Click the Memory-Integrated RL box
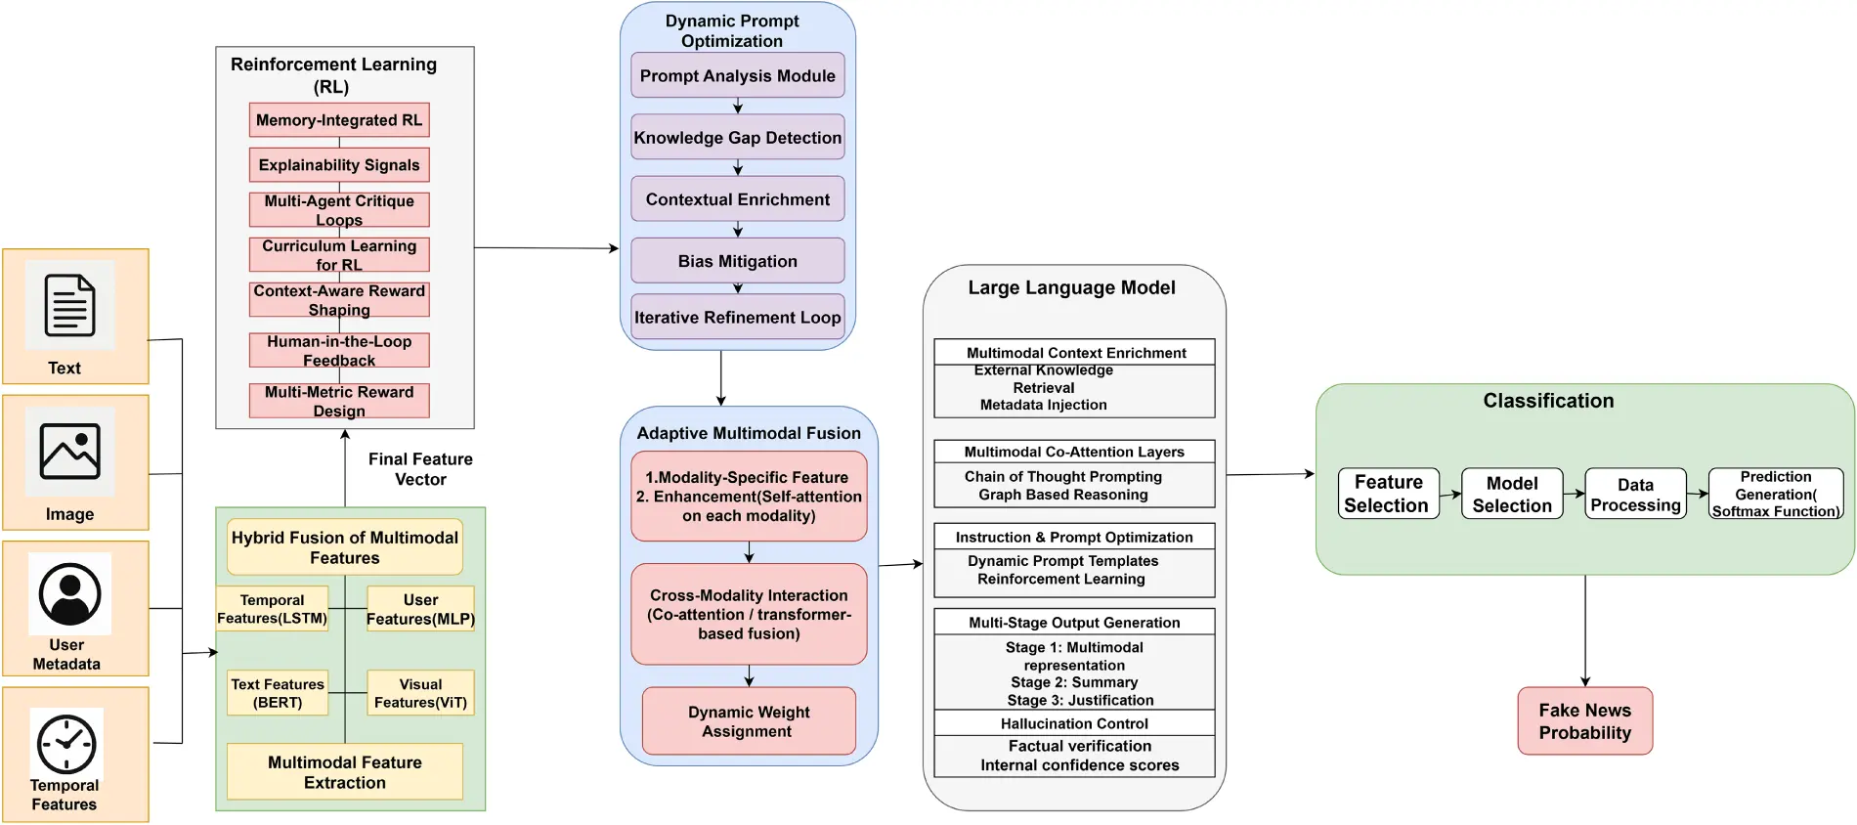pyautogui.click(x=339, y=120)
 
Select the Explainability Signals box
pyautogui.click(x=339, y=165)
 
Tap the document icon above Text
pyautogui.click(x=70, y=306)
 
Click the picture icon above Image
pyautogui.click(x=70, y=452)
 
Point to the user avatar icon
pyautogui.click(x=70, y=593)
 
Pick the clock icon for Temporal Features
pyautogui.click(x=66, y=745)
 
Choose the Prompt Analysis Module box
pyautogui.click(x=738, y=75)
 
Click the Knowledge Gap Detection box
pyautogui.click(x=738, y=138)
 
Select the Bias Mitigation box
pyautogui.click(x=738, y=261)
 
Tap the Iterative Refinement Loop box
pyautogui.click(x=738, y=317)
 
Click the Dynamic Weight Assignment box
pyautogui.click(x=749, y=721)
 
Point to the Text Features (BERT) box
pyautogui.click(x=278, y=693)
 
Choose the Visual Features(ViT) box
pyautogui.click(x=420, y=693)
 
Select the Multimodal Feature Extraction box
pyautogui.click(x=345, y=772)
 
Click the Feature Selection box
pyautogui.click(x=1388, y=494)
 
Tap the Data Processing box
pyautogui.click(x=1635, y=494)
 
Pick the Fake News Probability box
pyautogui.click(x=1585, y=721)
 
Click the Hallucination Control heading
pyautogui.click(x=1074, y=723)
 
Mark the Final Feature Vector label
pyautogui.click(x=420, y=469)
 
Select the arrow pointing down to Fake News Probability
pyautogui.click(x=1585, y=631)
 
